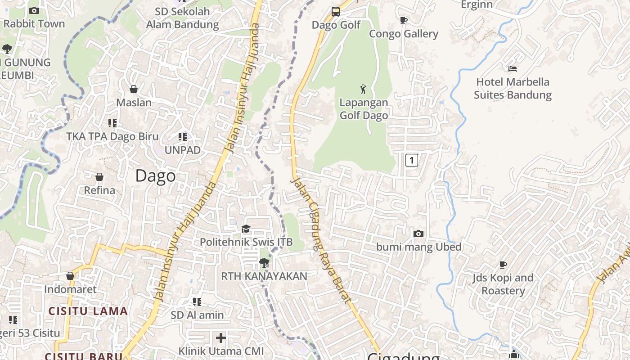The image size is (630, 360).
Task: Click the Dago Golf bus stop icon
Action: coord(336,12)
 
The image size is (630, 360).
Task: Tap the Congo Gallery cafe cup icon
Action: coord(404,21)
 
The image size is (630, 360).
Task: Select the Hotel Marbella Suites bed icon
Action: coord(512,69)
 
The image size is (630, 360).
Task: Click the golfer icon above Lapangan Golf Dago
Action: coord(363,89)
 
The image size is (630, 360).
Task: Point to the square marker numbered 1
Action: coord(411,160)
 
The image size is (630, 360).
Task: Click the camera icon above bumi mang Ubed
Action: coord(418,234)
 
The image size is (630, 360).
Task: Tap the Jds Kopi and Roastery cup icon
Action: coord(503,265)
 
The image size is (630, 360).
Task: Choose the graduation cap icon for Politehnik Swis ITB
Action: coord(246,229)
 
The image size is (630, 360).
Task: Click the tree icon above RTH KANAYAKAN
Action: coord(264,263)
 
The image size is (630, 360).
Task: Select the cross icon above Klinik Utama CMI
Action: coord(221,337)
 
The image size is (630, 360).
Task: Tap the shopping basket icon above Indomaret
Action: coord(70,276)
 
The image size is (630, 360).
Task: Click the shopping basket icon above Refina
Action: coord(99,177)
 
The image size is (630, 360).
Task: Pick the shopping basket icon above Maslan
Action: coord(134,89)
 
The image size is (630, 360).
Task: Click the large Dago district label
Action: coord(155,175)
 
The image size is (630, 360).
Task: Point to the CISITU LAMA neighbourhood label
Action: coord(88,311)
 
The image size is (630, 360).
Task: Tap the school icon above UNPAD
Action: coord(182,136)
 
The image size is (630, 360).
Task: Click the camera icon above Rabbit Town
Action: coord(34,10)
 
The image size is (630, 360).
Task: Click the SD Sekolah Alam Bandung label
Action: coord(182,18)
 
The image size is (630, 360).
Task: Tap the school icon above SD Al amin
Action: coord(197,301)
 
